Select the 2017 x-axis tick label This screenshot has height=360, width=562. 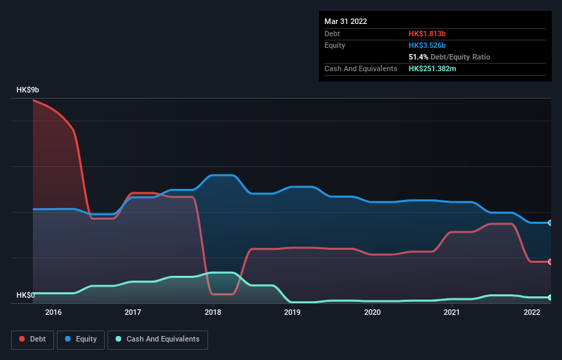click(133, 313)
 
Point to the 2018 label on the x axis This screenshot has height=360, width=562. click(213, 313)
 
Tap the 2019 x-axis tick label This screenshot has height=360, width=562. click(292, 313)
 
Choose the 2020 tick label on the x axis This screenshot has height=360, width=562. click(372, 313)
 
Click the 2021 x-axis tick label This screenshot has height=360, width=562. click(452, 313)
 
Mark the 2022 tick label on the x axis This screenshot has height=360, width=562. click(532, 313)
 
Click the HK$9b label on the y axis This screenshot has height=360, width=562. click(28, 90)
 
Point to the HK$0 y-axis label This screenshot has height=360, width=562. click(25, 295)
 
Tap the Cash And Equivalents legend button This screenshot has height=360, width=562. click(157, 339)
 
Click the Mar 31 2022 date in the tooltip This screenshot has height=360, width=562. click(346, 21)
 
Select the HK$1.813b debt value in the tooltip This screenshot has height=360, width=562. click(428, 34)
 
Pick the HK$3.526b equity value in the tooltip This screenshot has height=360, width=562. click(429, 45)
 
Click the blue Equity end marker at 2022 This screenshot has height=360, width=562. click(550, 222)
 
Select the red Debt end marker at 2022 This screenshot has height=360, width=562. click(550, 261)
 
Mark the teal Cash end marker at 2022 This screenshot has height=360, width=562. click(550, 297)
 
